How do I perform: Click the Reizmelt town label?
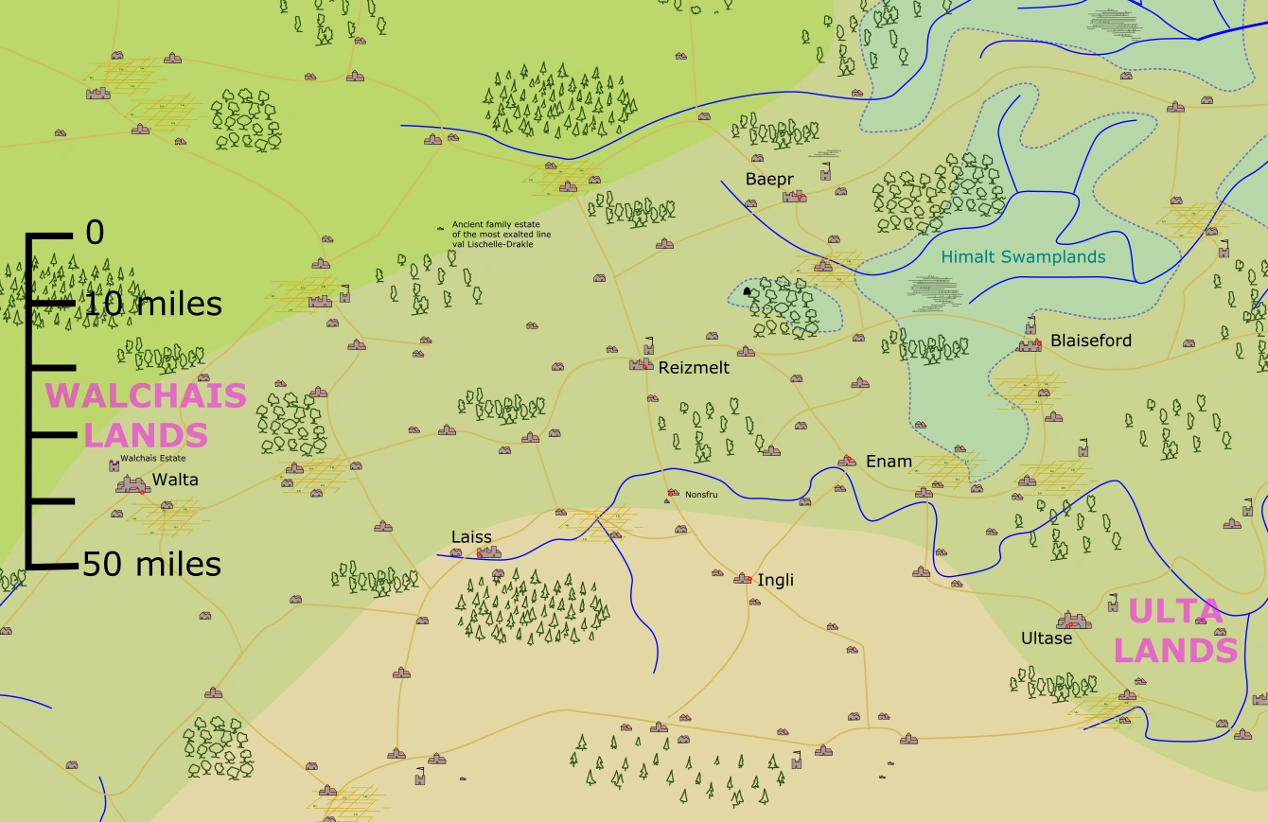coord(694,368)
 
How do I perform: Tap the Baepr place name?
coord(769,179)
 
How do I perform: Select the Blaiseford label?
coord(1090,341)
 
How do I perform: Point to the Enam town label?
coord(889,462)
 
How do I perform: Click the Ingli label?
coord(775,580)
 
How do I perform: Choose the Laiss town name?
coord(471,537)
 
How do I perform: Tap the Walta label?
coord(175,480)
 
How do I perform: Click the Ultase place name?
coord(1047,638)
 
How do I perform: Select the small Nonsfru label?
coord(701,494)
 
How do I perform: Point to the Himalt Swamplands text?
coord(1023,256)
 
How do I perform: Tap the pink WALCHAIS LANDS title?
coord(146,414)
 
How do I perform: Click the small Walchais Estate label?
coord(152,459)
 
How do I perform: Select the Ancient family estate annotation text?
coord(501,234)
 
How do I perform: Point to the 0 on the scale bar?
coord(95,233)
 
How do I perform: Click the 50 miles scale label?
coord(151,565)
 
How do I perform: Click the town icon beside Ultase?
coord(1074,621)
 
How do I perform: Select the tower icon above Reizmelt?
coord(649,344)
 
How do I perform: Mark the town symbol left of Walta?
coord(132,484)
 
